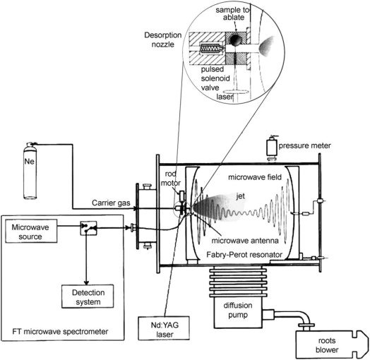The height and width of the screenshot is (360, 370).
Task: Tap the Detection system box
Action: [86, 297]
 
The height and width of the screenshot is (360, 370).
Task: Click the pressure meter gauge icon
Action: [270, 147]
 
